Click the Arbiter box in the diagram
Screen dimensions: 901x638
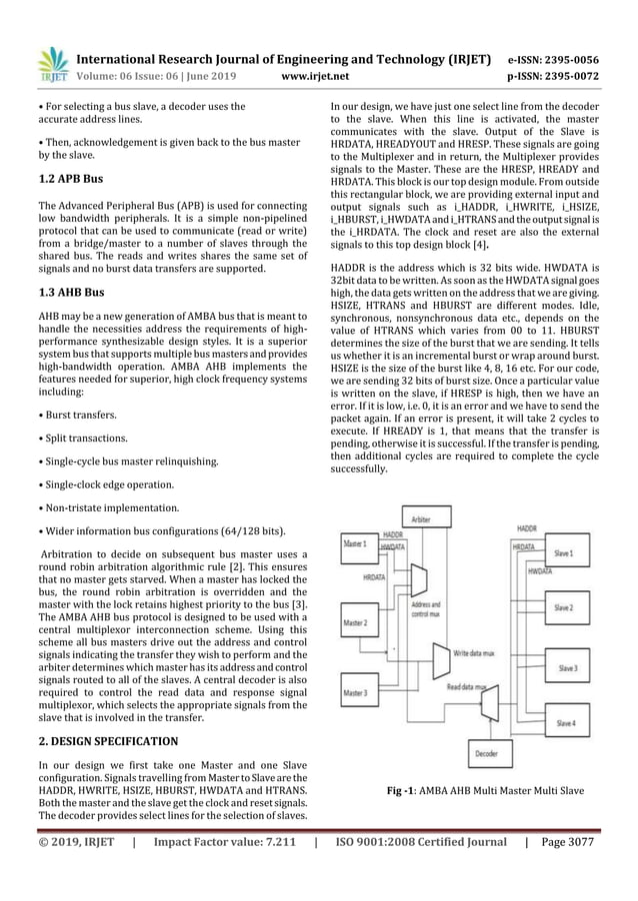(x=422, y=521)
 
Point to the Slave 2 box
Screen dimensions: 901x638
(x=565, y=608)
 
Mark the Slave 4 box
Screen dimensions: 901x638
(x=565, y=723)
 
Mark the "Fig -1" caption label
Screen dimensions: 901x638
(x=408, y=791)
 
